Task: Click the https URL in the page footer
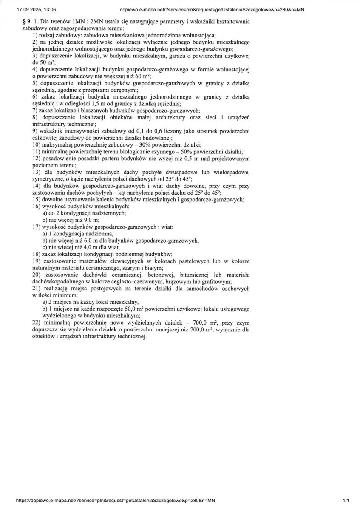pos(116,501)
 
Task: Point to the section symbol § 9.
pos(28,21)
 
